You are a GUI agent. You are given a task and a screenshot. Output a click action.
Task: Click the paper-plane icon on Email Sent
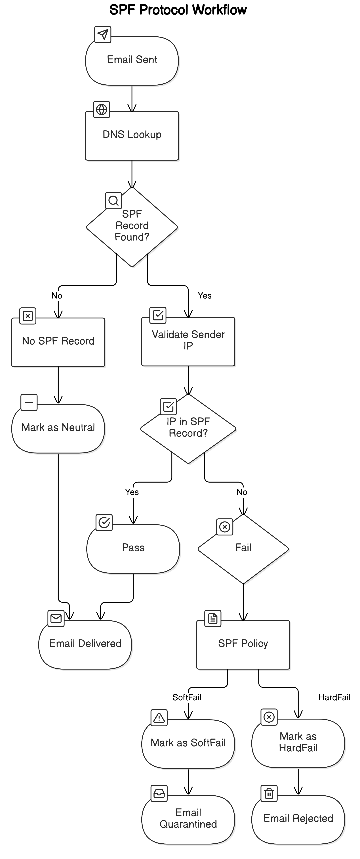[103, 34]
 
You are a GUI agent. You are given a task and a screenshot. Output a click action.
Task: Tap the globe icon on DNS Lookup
[102, 109]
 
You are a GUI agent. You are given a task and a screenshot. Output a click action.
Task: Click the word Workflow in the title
[219, 10]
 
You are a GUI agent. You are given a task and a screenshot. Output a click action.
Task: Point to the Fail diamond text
[243, 548]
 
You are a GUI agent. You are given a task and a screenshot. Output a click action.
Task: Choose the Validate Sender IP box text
[188, 340]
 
